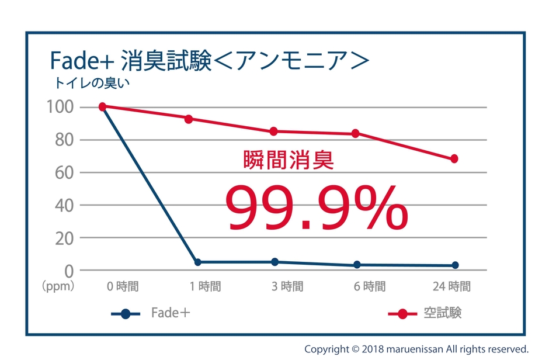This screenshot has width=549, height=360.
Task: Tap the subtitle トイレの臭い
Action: tap(92, 83)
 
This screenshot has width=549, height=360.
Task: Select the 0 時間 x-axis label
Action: tap(123, 286)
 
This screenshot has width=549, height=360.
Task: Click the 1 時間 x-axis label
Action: tap(205, 286)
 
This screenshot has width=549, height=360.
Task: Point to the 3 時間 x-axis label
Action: tap(287, 286)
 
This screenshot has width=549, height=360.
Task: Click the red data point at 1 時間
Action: tap(189, 119)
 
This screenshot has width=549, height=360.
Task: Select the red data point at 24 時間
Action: tap(454, 159)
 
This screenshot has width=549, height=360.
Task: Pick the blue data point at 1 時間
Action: tap(197, 262)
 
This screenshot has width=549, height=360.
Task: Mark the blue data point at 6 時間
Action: tap(357, 265)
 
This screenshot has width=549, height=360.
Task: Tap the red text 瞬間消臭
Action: tap(289, 160)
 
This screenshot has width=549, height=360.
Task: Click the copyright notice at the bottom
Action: tap(416, 349)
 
